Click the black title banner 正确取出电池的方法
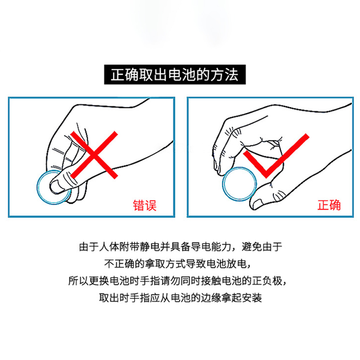[175, 75]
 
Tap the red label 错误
[145, 205]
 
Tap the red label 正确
[329, 205]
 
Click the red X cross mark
[94, 155]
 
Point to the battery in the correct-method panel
[239, 184]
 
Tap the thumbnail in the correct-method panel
[257, 204]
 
